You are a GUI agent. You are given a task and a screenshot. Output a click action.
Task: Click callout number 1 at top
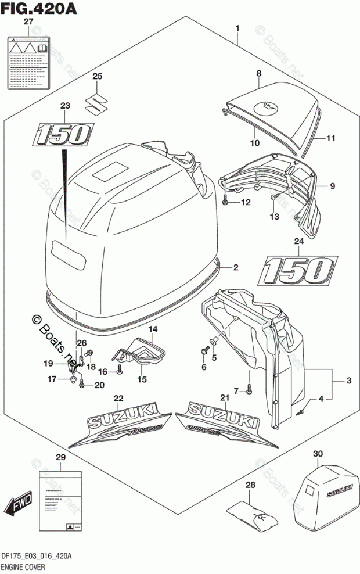[x=237, y=28]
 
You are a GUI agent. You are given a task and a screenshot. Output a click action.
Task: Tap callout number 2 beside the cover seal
[x=236, y=268]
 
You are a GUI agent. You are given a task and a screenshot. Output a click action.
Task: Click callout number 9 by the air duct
[x=333, y=186]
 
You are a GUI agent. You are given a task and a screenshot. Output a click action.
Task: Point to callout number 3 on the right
[x=348, y=381]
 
